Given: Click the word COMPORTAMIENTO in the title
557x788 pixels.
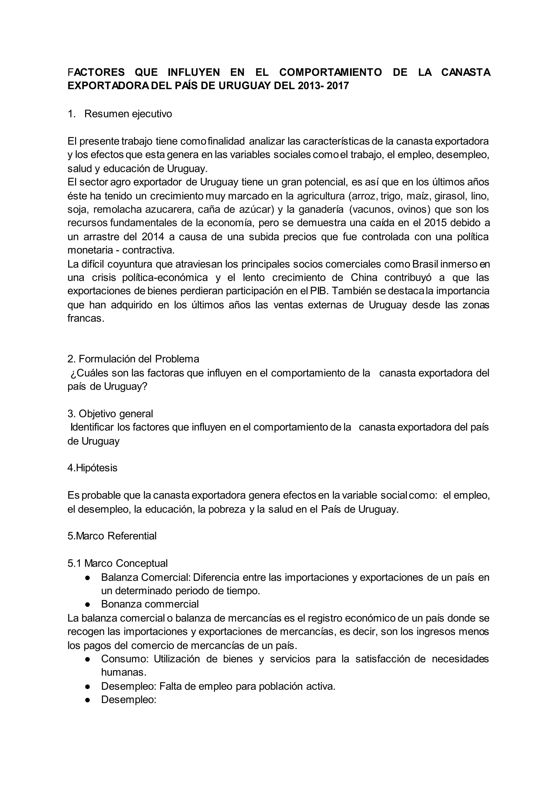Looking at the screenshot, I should pyautogui.click(x=330, y=72).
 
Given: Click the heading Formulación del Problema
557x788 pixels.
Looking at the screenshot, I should pyautogui.click(x=134, y=359).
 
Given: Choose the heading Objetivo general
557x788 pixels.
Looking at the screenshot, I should pyautogui.click(x=110, y=414).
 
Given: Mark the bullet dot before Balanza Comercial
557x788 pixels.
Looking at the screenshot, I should pyautogui.click(x=88, y=578).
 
